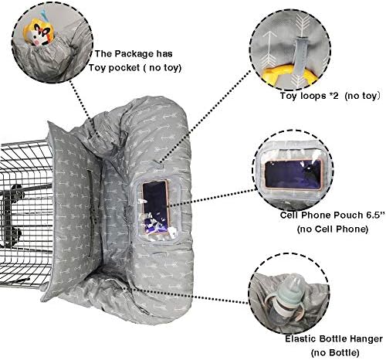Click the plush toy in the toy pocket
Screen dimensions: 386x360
coord(39,33)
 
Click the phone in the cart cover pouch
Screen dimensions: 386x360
coord(156,207)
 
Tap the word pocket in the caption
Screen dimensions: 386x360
coord(124,68)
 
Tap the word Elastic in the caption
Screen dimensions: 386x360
coord(300,338)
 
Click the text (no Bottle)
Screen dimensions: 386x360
coord(335,352)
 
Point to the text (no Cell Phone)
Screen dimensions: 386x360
coord(333,229)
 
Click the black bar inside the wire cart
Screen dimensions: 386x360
coord(25,190)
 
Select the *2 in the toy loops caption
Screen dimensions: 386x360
coord(334,96)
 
